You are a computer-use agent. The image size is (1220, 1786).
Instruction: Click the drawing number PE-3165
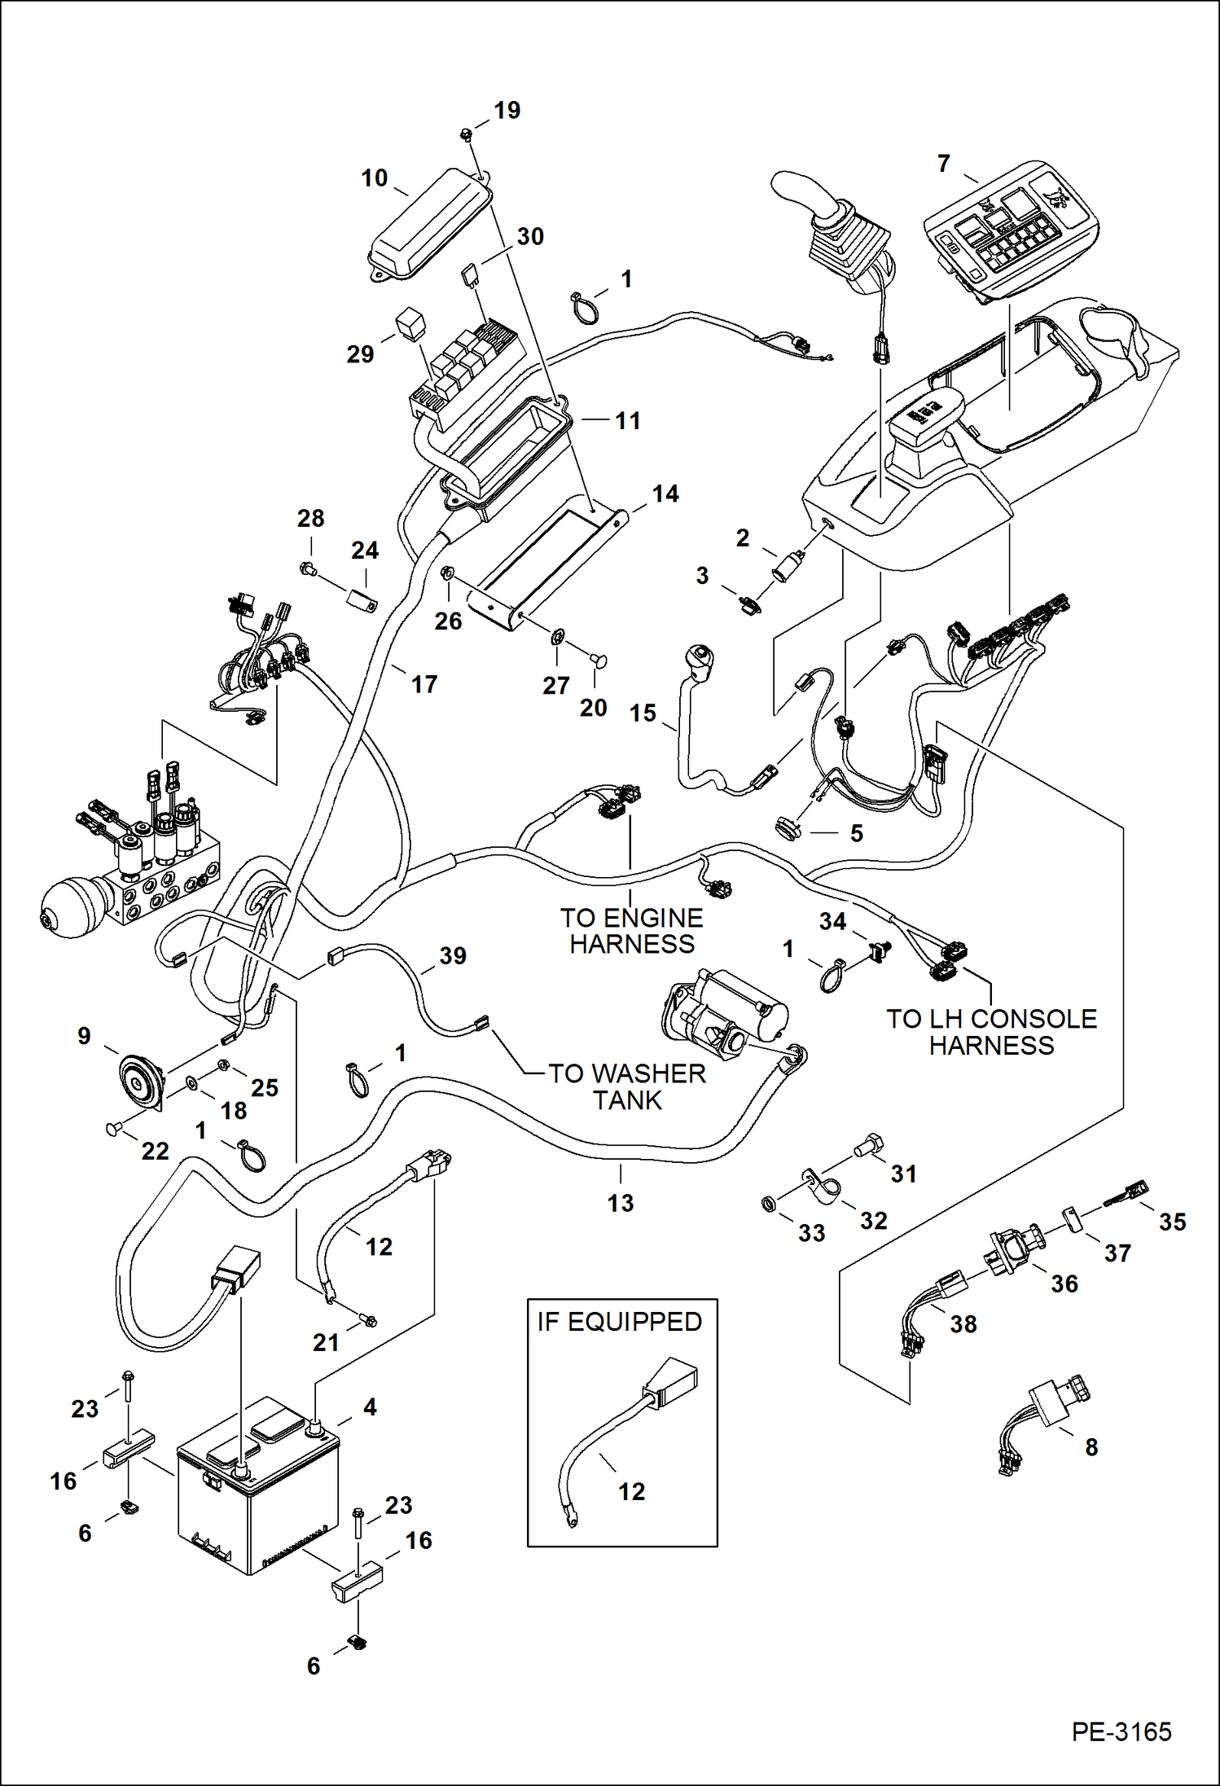[1121, 1730]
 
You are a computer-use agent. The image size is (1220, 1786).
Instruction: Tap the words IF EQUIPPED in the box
[619, 1320]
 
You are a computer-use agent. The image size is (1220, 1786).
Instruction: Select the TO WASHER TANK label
[626, 1086]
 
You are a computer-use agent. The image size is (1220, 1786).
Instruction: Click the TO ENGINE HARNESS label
[631, 930]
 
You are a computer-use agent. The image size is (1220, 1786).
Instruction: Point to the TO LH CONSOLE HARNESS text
[991, 1031]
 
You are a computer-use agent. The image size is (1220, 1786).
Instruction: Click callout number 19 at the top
[507, 110]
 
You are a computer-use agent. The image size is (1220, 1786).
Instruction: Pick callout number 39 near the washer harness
[452, 955]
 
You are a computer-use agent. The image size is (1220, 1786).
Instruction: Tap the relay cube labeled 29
[408, 323]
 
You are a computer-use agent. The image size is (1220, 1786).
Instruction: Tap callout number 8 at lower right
[1091, 1446]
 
